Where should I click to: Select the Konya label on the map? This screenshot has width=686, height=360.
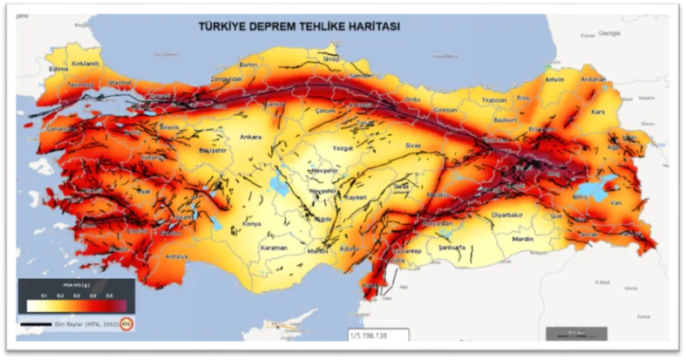(x=252, y=224)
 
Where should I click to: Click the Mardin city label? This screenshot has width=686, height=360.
(x=522, y=238)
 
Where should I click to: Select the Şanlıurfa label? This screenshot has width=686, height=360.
(x=457, y=248)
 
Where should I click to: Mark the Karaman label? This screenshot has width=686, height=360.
(x=274, y=248)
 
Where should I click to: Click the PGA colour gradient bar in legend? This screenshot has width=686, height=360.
(x=76, y=305)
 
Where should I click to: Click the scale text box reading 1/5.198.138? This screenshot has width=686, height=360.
(x=378, y=335)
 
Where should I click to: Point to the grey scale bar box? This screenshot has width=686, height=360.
(x=574, y=333)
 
